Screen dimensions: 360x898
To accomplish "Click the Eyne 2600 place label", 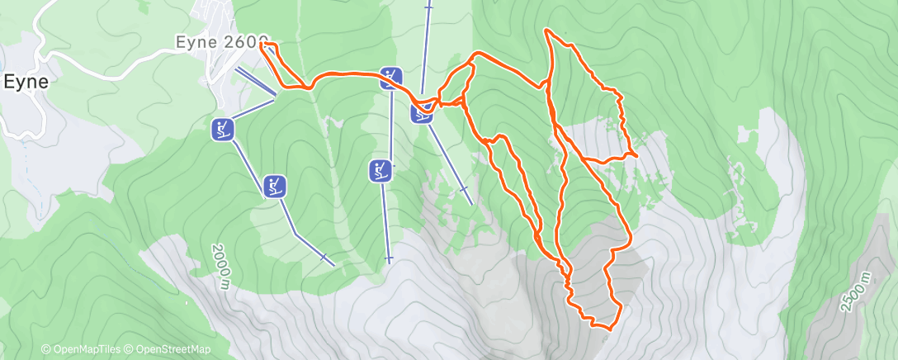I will tap(221, 40).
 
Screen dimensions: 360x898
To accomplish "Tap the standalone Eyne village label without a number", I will tap(26, 82).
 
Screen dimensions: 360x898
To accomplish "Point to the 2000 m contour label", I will tap(220, 266).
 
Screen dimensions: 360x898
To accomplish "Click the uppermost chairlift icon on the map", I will tap(390, 78).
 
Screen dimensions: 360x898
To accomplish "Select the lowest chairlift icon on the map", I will tap(275, 186).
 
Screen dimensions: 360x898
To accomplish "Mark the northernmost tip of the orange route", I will tap(546, 30).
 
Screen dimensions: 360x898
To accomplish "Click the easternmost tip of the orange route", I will tap(638, 155).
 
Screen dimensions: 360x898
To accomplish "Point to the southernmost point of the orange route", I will tap(607, 329).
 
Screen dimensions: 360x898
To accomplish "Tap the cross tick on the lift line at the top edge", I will tap(428, 7).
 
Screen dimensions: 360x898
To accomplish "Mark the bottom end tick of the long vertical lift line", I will tap(388, 258).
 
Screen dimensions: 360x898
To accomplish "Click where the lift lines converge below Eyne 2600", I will tap(275, 97).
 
